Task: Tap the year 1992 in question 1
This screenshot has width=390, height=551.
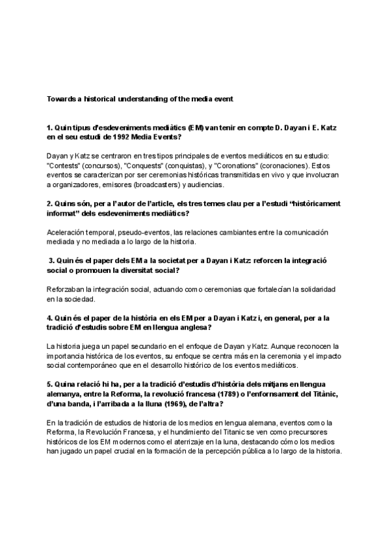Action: [109, 138]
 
